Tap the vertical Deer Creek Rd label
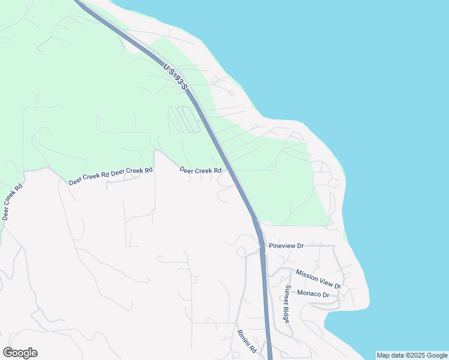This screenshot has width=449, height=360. pyautogui.click(x=13, y=201)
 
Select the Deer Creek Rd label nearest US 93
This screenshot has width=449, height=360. pyautogui.click(x=200, y=170)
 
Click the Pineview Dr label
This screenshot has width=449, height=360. pyautogui.click(x=286, y=246)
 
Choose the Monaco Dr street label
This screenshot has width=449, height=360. pyautogui.click(x=313, y=295)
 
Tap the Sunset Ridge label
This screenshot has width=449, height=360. pyautogui.click(x=288, y=304)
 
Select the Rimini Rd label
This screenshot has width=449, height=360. pyautogui.click(x=247, y=341)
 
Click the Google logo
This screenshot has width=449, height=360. pyautogui.click(x=20, y=353)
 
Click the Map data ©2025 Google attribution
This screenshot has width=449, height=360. pyautogui.click(x=412, y=355)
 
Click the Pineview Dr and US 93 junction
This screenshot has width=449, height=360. pyautogui.click(x=261, y=245)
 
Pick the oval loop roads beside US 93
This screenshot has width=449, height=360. pyautogui.click(x=184, y=119)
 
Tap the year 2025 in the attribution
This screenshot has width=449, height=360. pyautogui.click(x=417, y=355)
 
